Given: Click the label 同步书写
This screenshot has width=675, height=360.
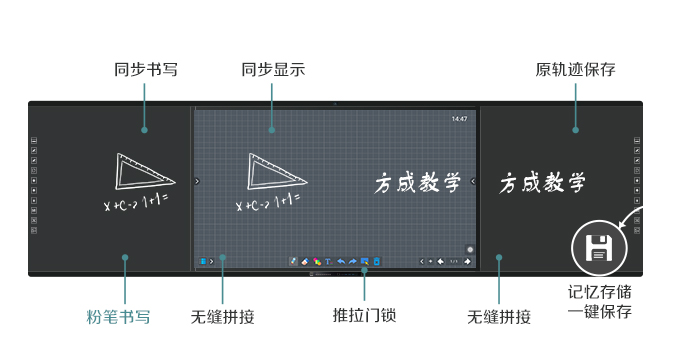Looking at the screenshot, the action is coord(146,70).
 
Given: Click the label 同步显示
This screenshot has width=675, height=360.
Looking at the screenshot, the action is coord(273,70).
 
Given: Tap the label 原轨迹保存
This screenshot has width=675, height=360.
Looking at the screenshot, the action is coord(575,70).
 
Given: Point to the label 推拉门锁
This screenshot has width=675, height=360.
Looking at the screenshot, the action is coord(364,315).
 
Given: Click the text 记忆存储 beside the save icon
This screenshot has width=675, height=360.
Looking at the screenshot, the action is coord(599,292).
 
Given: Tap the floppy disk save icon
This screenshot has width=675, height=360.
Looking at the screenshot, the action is coord(599,248).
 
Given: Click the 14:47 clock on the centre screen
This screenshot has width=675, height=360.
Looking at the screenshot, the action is coord(459,119).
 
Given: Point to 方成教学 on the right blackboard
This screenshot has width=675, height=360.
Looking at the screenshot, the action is coord(542,184).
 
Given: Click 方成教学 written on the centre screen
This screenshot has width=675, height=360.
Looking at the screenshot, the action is coord(417,183).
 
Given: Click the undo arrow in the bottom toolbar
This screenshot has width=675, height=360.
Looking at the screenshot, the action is coord(340,262).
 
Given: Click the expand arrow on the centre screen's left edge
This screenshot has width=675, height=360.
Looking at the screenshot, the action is coord(197,181).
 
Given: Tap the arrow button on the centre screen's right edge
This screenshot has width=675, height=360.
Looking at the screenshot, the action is coord(473,181).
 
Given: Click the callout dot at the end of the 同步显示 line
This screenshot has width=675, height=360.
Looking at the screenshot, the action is coord(271,129).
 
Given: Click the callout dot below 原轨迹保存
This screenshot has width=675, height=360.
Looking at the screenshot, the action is coord(576,129).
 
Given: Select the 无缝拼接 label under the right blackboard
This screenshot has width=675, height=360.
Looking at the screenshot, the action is coord(498,317).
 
